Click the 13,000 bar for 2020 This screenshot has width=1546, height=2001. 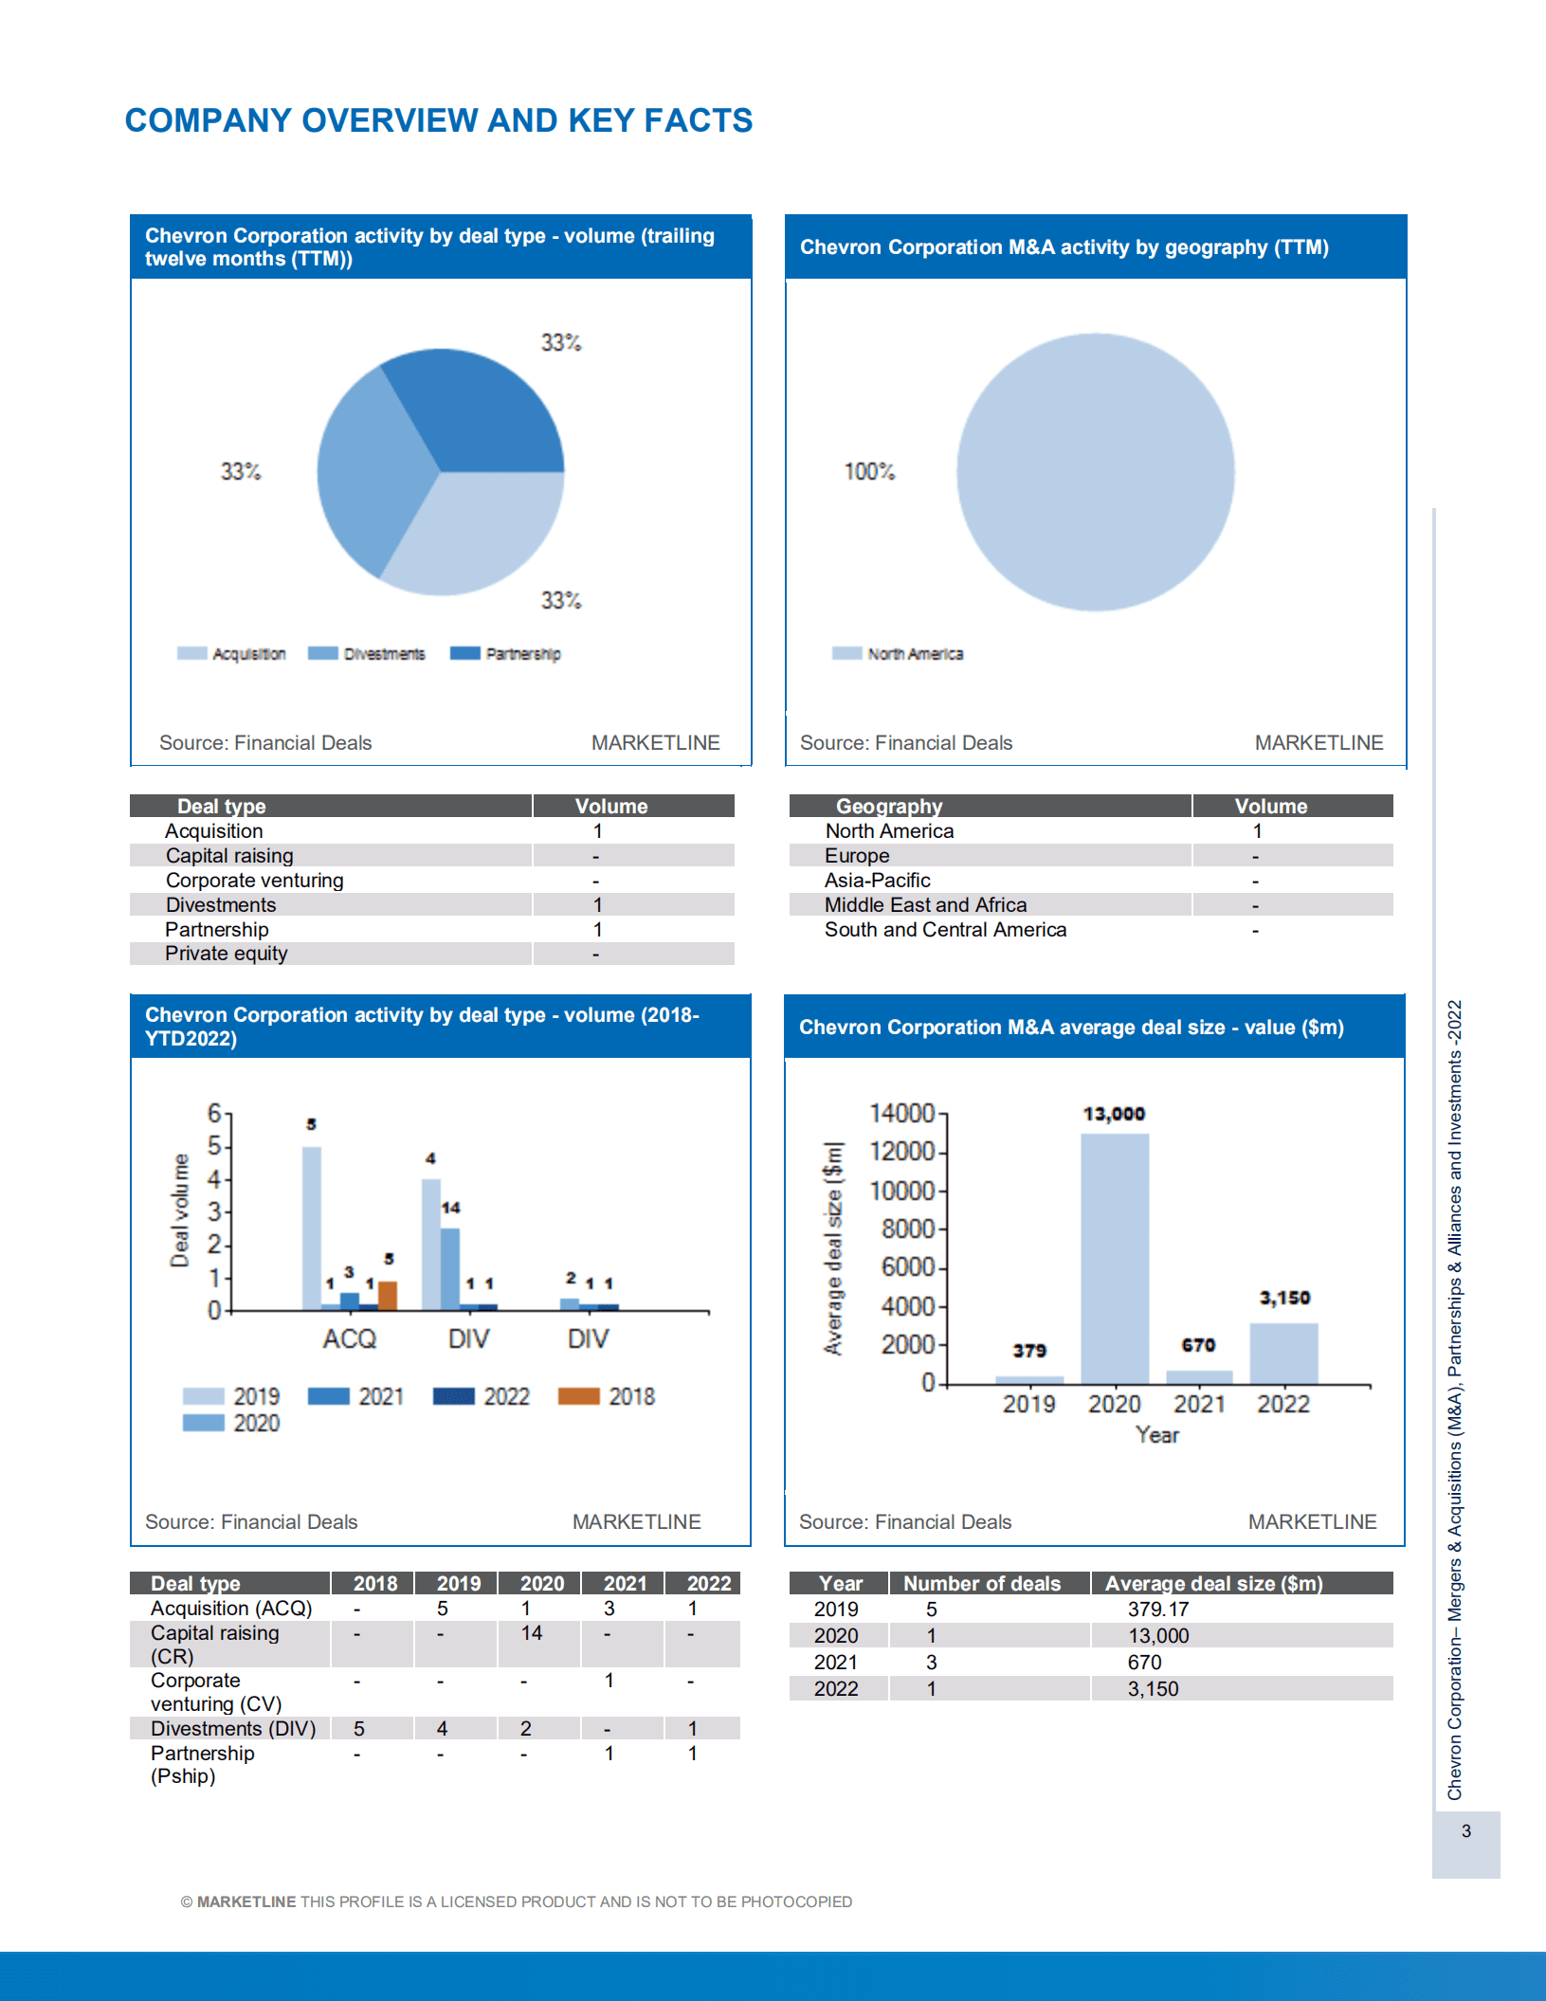pyautogui.click(x=1115, y=1261)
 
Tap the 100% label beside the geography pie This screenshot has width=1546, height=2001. pyautogui.click(x=869, y=471)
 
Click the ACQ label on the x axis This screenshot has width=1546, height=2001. pyautogui.click(x=349, y=1338)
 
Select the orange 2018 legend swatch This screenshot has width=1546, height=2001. pyautogui.click(x=579, y=1396)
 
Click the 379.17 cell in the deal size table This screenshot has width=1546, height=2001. pyautogui.click(x=1157, y=1610)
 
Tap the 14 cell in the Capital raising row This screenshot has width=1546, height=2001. pyautogui.click(x=531, y=1633)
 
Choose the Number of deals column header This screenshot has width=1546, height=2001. pyautogui.click(x=981, y=1584)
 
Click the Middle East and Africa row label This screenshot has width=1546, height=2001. pyautogui.click(x=925, y=905)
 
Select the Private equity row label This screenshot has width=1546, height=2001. pyautogui.click(x=226, y=954)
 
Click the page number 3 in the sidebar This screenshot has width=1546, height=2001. pyautogui.click(x=1465, y=1831)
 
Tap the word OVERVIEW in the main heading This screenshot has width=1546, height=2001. pyautogui.click(x=390, y=120)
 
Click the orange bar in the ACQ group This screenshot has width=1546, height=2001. pyautogui.click(x=388, y=1295)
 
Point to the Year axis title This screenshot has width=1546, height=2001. pyautogui.click(x=1157, y=1435)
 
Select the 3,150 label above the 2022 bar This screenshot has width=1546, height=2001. pyautogui.click(x=1284, y=1298)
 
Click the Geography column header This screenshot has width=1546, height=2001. pyautogui.click(x=888, y=807)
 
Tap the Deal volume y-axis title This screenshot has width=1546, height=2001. pyautogui.click(x=180, y=1210)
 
